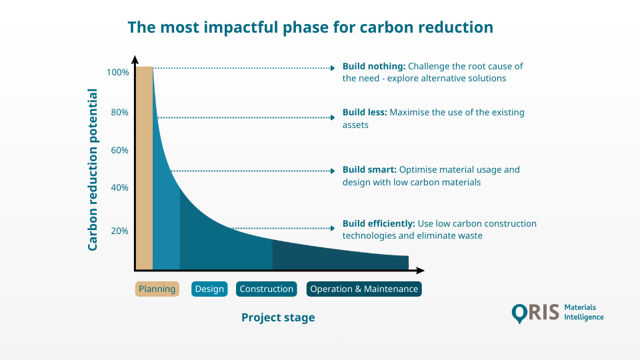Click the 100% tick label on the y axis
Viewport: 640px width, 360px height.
(x=117, y=72)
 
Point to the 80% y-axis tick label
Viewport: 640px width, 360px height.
(x=119, y=112)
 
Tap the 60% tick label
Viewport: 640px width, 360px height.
(x=119, y=150)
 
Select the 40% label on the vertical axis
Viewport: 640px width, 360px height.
(x=119, y=187)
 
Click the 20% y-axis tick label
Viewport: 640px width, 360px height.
(x=119, y=231)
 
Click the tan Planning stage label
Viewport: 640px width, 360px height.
(x=157, y=289)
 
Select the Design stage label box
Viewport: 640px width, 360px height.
(x=209, y=289)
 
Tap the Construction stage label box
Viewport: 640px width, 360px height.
(x=266, y=289)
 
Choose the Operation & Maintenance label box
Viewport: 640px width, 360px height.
(x=364, y=289)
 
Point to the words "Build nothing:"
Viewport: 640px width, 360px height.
(x=373, y=67)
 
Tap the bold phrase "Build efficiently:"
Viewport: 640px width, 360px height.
(x=379, y=223)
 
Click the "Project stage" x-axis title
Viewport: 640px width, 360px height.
(x=278, y=317)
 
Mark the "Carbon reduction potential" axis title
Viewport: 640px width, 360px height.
(x=93, y=170)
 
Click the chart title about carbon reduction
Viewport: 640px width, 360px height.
(x=310, y=27)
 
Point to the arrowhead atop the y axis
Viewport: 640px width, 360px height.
(x=135, y=59)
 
